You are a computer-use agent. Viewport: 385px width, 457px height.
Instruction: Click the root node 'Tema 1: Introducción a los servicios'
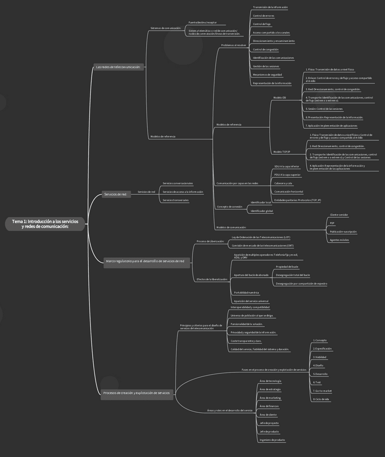pyautogui.click(x=45, y=224)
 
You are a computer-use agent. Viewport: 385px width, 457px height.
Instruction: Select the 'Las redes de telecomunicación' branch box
pyautogui.click(x=118, y=67)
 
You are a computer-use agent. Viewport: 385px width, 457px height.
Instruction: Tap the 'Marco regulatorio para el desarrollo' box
pyautogui.click(x=145, y=261)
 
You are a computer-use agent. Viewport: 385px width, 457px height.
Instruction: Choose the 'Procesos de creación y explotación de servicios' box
pyautogui.click(x=136, y=393)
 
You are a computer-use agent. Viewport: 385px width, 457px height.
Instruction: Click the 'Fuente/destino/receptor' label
pyautogui.click(x=202, y=23)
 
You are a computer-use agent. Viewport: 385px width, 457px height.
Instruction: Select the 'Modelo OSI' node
pyautogui.click(x=279, y=98)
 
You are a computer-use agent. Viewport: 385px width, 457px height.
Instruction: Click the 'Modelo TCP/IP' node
pyautogui.click(x=281, y=152)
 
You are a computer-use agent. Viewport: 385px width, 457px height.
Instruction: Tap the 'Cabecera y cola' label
pyautogui.click(x=283, y=183)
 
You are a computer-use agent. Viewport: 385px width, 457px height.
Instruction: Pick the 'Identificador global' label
pyautogui.click(x=262, y=211)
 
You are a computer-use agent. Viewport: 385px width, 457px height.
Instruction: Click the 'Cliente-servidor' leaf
pyautogui.click(x=339, y=214)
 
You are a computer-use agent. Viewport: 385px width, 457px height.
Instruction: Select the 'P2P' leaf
pyautogui.click(x=332, y=223)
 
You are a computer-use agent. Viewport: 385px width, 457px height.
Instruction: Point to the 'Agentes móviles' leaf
pyautogui.click(x=339, y=240)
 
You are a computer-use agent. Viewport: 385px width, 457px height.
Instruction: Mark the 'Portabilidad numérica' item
pyautogui.click(x=246, y=293)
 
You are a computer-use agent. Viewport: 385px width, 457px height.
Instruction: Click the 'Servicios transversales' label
pyautogui.click(x=176, y=200)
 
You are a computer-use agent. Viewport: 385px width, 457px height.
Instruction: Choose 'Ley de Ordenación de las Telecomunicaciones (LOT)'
pyautogui.click(x=260, y=237)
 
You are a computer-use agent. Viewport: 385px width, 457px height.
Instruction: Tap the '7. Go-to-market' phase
pyautogui.click(x=322, y=391)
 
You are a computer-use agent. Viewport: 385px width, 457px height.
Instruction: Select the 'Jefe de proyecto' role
pyautogui.click(x=269, y=423)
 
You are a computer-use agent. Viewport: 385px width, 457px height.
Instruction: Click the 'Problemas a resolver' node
pyautogui.click(x=233, y=45)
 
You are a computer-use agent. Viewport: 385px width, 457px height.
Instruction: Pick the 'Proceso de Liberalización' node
pyautogui.click(x=210, y=241)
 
